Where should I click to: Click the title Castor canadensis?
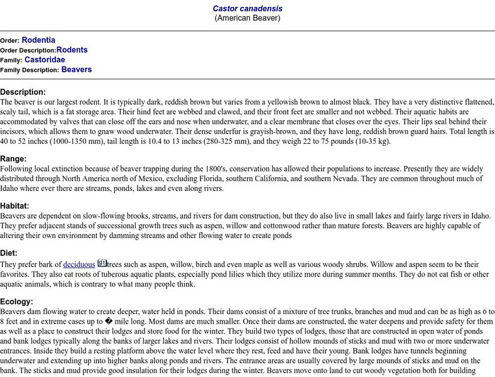pos(247,9)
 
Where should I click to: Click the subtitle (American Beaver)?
pos(247,18)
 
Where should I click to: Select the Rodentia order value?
pos(38,40)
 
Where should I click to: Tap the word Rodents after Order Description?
pos(72,50)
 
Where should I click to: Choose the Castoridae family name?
pos(45,60)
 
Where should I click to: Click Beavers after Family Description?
pos(77,70)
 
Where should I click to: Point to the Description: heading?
pos(23,92)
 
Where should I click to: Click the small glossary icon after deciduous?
pos(102,263)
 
